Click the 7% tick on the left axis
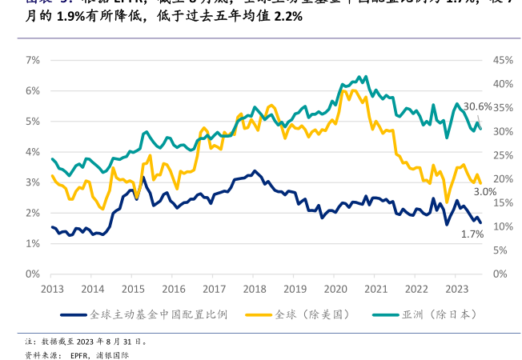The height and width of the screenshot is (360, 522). (x=33, y=60)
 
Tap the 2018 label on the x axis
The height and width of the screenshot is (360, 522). (x=255, y=289)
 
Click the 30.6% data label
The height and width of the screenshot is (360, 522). (x=478, y=106)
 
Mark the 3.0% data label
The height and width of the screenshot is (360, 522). (x=485, y=192)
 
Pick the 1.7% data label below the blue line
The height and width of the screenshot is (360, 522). (x=472, y=234)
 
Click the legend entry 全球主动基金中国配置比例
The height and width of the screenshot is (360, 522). (x=158, y=314)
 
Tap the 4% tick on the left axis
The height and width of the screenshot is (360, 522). (x=33, y=152)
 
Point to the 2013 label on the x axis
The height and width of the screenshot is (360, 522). (x=52, y=289)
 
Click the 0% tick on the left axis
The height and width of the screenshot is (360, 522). (x=33, y=274)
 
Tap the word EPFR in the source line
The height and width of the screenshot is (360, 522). (x=78, y=354)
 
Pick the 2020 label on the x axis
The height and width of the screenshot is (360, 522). (x=335, y=289)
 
